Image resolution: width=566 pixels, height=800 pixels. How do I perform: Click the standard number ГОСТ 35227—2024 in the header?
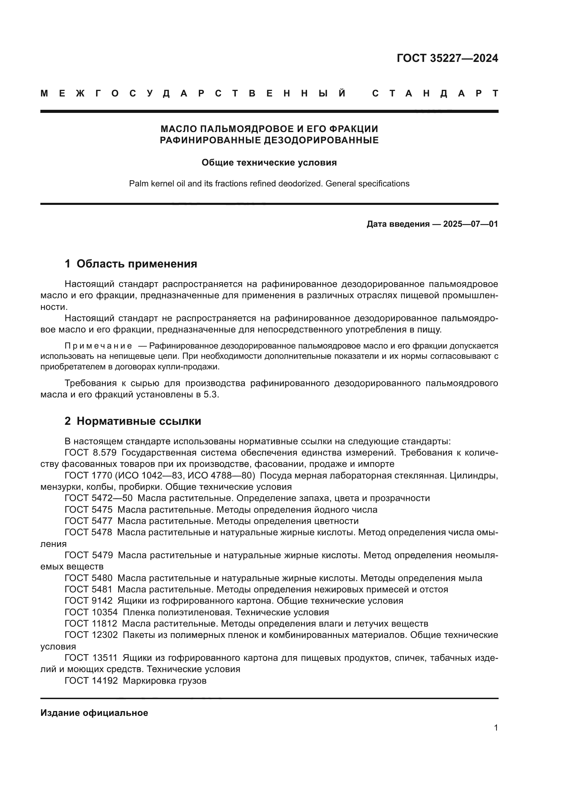(447, 58)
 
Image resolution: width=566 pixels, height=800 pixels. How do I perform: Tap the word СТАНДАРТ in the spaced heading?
(435, 93)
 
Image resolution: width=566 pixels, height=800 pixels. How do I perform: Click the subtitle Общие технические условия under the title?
(269, 163)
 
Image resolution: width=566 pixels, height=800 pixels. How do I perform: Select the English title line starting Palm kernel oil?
(269, 184)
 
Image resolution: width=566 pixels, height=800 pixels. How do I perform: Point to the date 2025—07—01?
(470, 224)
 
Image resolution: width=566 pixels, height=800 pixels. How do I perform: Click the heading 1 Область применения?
(131, 264)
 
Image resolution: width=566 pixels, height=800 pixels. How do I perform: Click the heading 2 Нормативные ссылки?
(133, 421)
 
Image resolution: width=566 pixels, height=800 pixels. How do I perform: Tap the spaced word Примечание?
(98, 346)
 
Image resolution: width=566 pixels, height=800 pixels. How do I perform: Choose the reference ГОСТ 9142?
(89, 601)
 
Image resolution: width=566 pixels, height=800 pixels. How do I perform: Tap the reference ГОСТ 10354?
(91, 612)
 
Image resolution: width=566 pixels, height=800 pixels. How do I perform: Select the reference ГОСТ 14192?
(91, 681)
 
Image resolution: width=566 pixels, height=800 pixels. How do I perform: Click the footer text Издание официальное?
(94, 713)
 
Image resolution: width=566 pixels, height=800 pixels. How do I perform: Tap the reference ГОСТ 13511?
(91, 658)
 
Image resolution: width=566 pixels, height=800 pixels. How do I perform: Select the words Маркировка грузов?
(165, 681)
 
